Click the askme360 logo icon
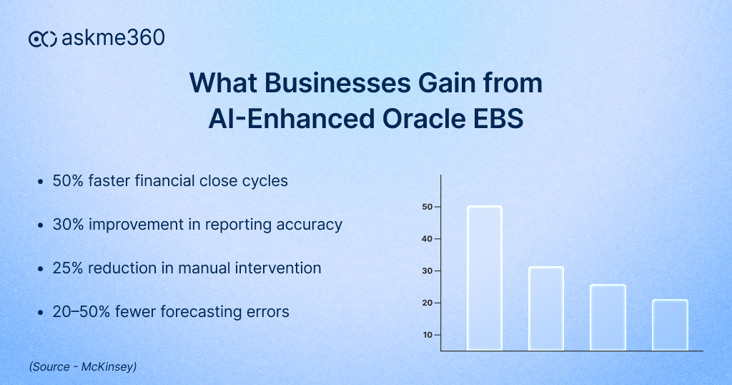pyautogui.click(x=43, y=39)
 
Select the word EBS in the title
pyautogui.click(x=498, y=119)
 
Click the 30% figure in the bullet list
pyautogui.click(x=68, y=225)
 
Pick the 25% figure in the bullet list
pyautogui.click(x=68, y=268)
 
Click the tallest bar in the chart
pyautogui.click(x=485, y=278)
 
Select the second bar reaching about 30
pyautogui.click(x=546, y=308)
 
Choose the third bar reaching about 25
pyautogui.click(x=608, y=318)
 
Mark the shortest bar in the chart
pyautogui.click(x=670, y=325)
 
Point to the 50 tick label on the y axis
pyautogui.click(x=426, y=207)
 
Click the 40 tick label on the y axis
pyautogui.click(x=426, y=239)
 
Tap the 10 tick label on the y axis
pyautogui.click(x=426, y=335)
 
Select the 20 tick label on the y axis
pyautogui.click(x=426, y=303)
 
